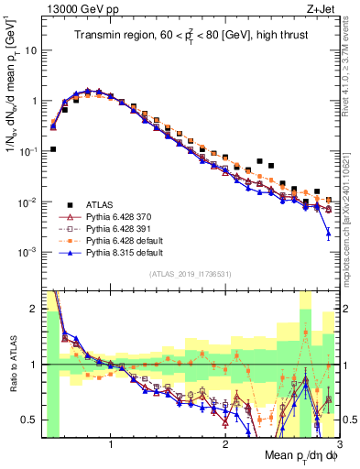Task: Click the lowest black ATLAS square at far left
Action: click(53, 148)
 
